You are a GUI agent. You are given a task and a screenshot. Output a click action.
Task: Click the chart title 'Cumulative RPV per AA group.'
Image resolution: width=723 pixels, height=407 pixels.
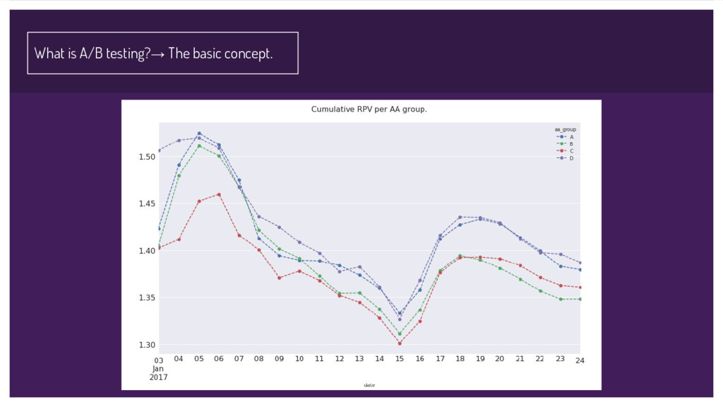click(369, 110)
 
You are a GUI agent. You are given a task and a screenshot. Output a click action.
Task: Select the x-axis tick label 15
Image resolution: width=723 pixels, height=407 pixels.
click(400, 359)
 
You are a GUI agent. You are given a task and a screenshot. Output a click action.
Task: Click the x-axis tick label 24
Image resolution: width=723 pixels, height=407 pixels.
click(580, 360)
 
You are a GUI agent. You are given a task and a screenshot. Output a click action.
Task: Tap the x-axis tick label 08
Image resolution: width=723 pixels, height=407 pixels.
click(259, 359)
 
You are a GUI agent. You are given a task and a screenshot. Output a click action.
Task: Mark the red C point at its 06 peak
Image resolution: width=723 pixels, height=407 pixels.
click(219, 194)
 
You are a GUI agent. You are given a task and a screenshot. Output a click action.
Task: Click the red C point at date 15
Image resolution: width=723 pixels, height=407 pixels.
click(400, 343)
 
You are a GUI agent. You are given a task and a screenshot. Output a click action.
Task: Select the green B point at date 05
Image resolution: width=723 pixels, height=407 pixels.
click(199, 146)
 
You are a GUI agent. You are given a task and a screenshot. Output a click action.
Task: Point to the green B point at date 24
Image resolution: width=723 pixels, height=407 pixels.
click(580, 299)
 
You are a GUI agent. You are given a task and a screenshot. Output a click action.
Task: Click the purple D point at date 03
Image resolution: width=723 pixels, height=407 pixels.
click(159, 151)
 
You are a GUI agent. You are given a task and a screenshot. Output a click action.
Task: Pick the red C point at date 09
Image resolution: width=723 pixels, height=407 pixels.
click(280, 278)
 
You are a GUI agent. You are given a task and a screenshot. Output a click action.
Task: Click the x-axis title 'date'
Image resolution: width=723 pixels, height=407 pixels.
click(369, 385)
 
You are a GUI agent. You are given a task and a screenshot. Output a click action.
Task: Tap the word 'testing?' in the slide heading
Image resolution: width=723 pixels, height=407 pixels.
click(128, 54)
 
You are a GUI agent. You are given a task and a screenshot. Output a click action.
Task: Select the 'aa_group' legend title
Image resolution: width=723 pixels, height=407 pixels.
click(565, 130)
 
